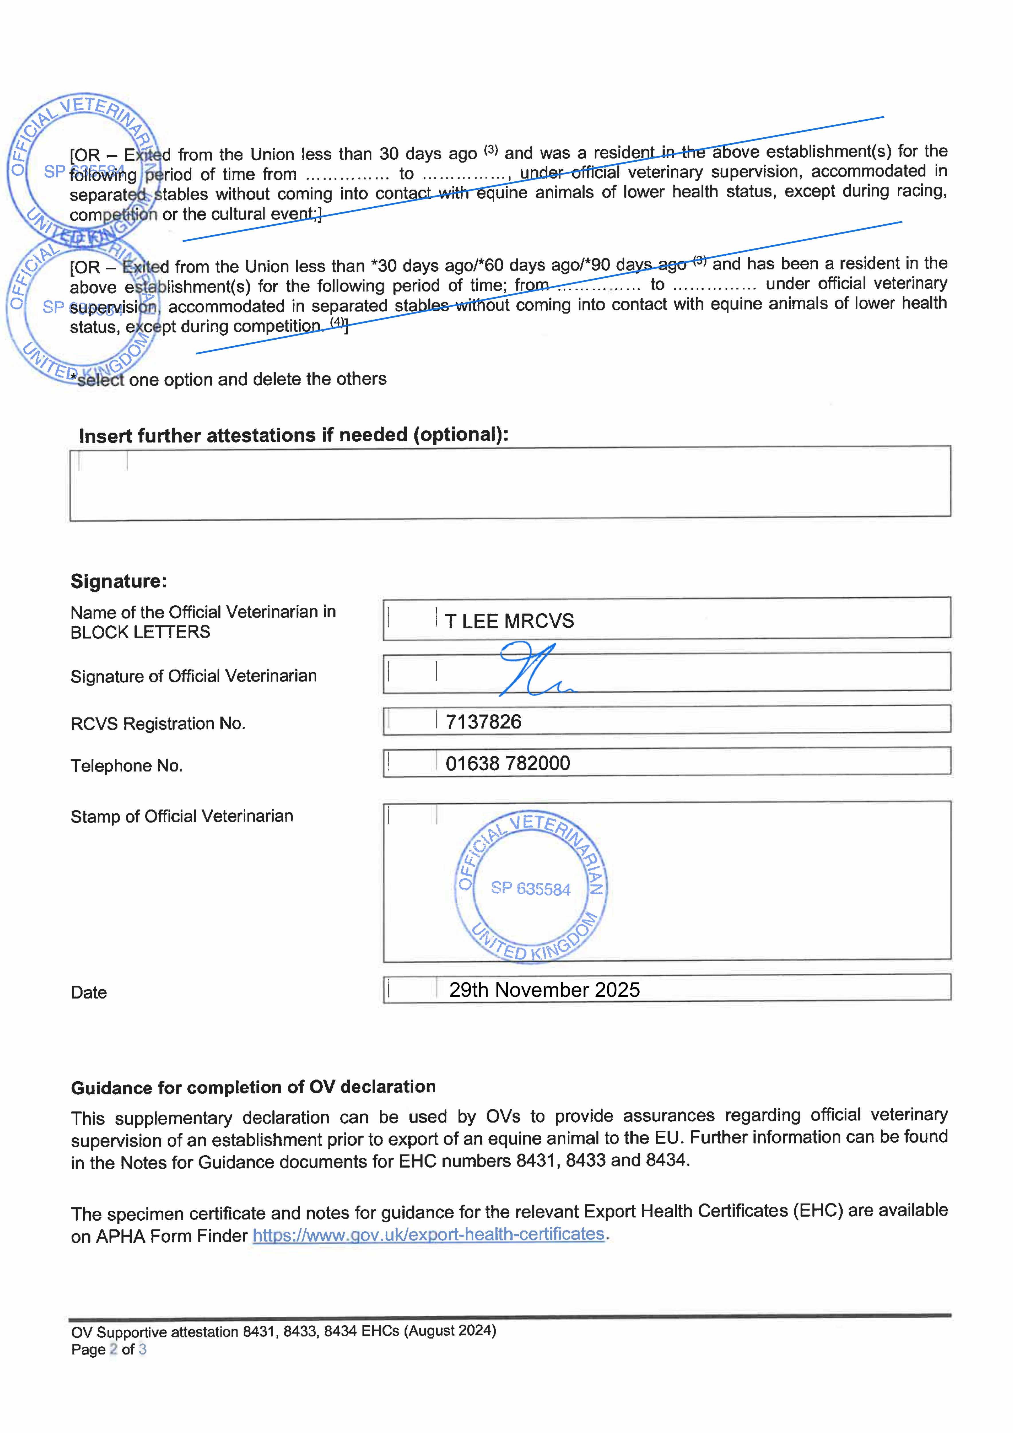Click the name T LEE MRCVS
pos(509,621)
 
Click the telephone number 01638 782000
pos(508,763)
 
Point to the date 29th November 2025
pos(544,990)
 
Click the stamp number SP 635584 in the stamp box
pos(530,889)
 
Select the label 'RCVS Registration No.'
pos(158,723)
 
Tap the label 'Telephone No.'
pos(127,766)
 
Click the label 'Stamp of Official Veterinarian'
pos(182,816)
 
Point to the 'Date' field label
pos(89,992)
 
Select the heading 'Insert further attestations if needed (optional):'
pos(293,435)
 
